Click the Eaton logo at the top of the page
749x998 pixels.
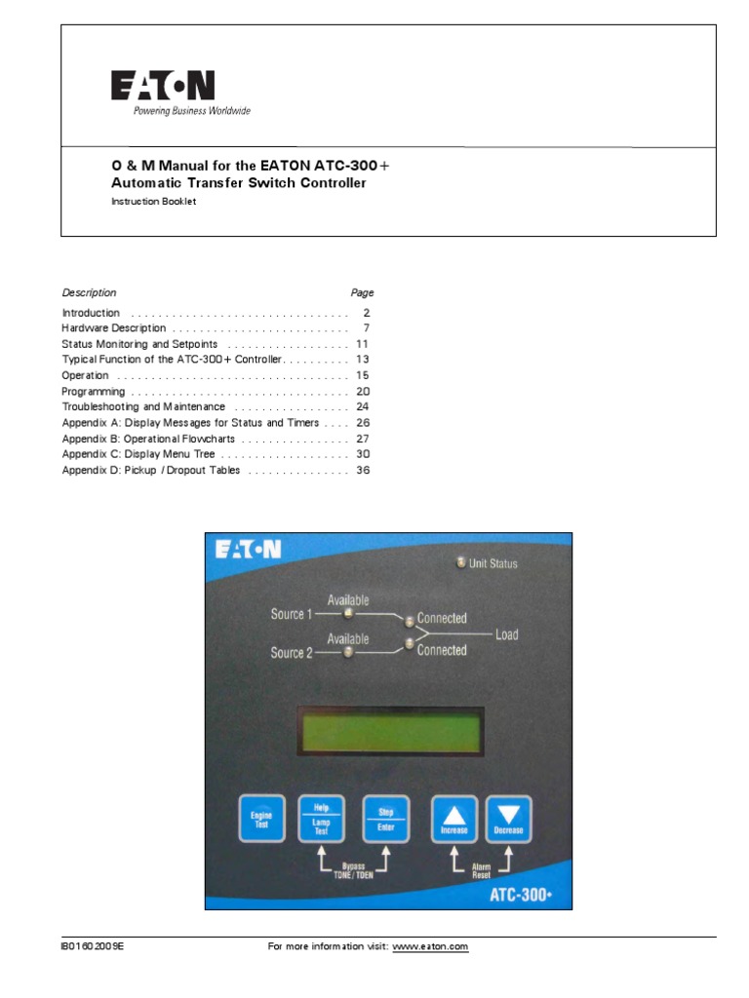click(162, 87)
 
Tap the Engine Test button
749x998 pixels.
click(261, 819)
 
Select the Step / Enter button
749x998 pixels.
click(385, 819)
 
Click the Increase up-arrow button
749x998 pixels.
click(454, 819)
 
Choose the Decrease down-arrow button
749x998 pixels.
click(508, 819)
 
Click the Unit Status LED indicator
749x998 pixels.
click(461, 562)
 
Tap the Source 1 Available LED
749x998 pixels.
click(348, 614)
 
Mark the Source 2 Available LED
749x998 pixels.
click(348, 653)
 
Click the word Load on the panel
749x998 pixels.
click(506, 634)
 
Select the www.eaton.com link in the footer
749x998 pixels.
click(430, 946)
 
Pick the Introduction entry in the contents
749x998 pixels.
click(91, 313)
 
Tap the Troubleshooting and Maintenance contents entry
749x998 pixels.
click(143, 406)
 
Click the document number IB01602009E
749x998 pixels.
click(94, 946)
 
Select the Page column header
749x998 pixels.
click(362, 292)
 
